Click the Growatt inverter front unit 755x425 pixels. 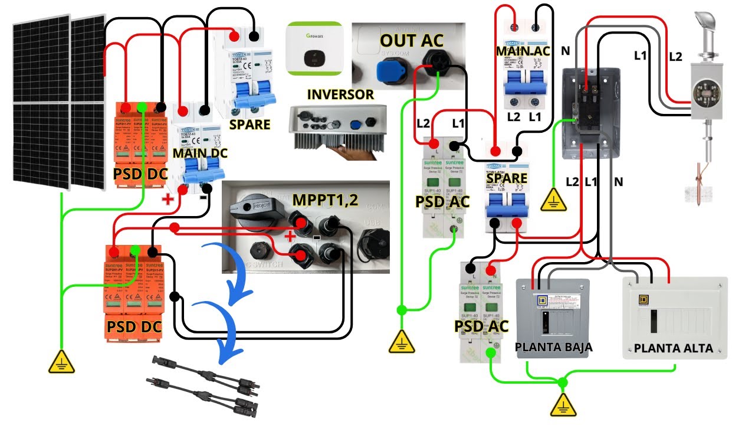click(x=314, y=49)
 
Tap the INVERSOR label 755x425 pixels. click(x=340, y=94)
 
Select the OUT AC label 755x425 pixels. click(x=411, y=41)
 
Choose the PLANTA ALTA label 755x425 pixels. click(x=673, y=348)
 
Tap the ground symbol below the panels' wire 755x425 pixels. click(x=61, y=361)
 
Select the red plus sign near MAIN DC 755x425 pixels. click(x=168, y=198)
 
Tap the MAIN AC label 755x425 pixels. click(x=523, y=51)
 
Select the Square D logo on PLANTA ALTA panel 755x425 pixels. click(x=644, y=300)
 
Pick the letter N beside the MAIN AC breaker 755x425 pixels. click(x=565, y=51)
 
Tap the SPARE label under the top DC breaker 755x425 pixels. click(x=250, y=125)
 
